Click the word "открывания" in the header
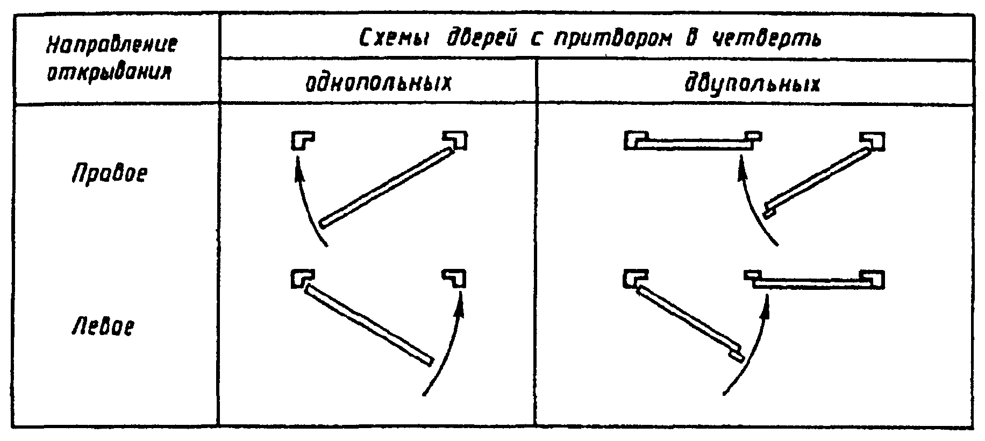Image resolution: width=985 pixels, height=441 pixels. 109,72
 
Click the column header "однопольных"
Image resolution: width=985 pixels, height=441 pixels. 378,83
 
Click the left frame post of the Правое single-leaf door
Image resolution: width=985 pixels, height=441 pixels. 302,140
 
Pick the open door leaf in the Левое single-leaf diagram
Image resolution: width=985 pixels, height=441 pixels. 368,325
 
